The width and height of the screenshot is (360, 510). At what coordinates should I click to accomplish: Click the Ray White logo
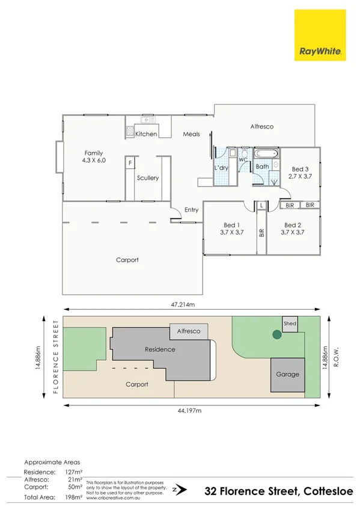319,35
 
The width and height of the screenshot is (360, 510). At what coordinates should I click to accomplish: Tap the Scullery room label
148,178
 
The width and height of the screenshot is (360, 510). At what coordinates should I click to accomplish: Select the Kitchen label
146,134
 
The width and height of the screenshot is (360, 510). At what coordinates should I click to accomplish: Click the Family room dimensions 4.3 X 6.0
94,161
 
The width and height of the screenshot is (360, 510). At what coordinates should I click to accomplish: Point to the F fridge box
130,163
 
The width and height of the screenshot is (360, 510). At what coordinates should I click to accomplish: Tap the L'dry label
221,168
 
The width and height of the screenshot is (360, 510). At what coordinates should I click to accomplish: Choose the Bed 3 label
300,170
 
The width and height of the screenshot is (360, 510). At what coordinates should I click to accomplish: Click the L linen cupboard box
261,206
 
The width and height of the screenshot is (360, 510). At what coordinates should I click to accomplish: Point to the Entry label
191,210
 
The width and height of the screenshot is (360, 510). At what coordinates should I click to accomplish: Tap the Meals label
191,134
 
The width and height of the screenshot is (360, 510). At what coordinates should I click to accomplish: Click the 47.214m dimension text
182,306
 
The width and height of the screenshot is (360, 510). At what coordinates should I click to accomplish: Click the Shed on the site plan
290,324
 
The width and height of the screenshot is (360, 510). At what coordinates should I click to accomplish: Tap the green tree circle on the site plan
276,334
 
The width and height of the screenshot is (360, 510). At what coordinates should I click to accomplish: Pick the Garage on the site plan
288,374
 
